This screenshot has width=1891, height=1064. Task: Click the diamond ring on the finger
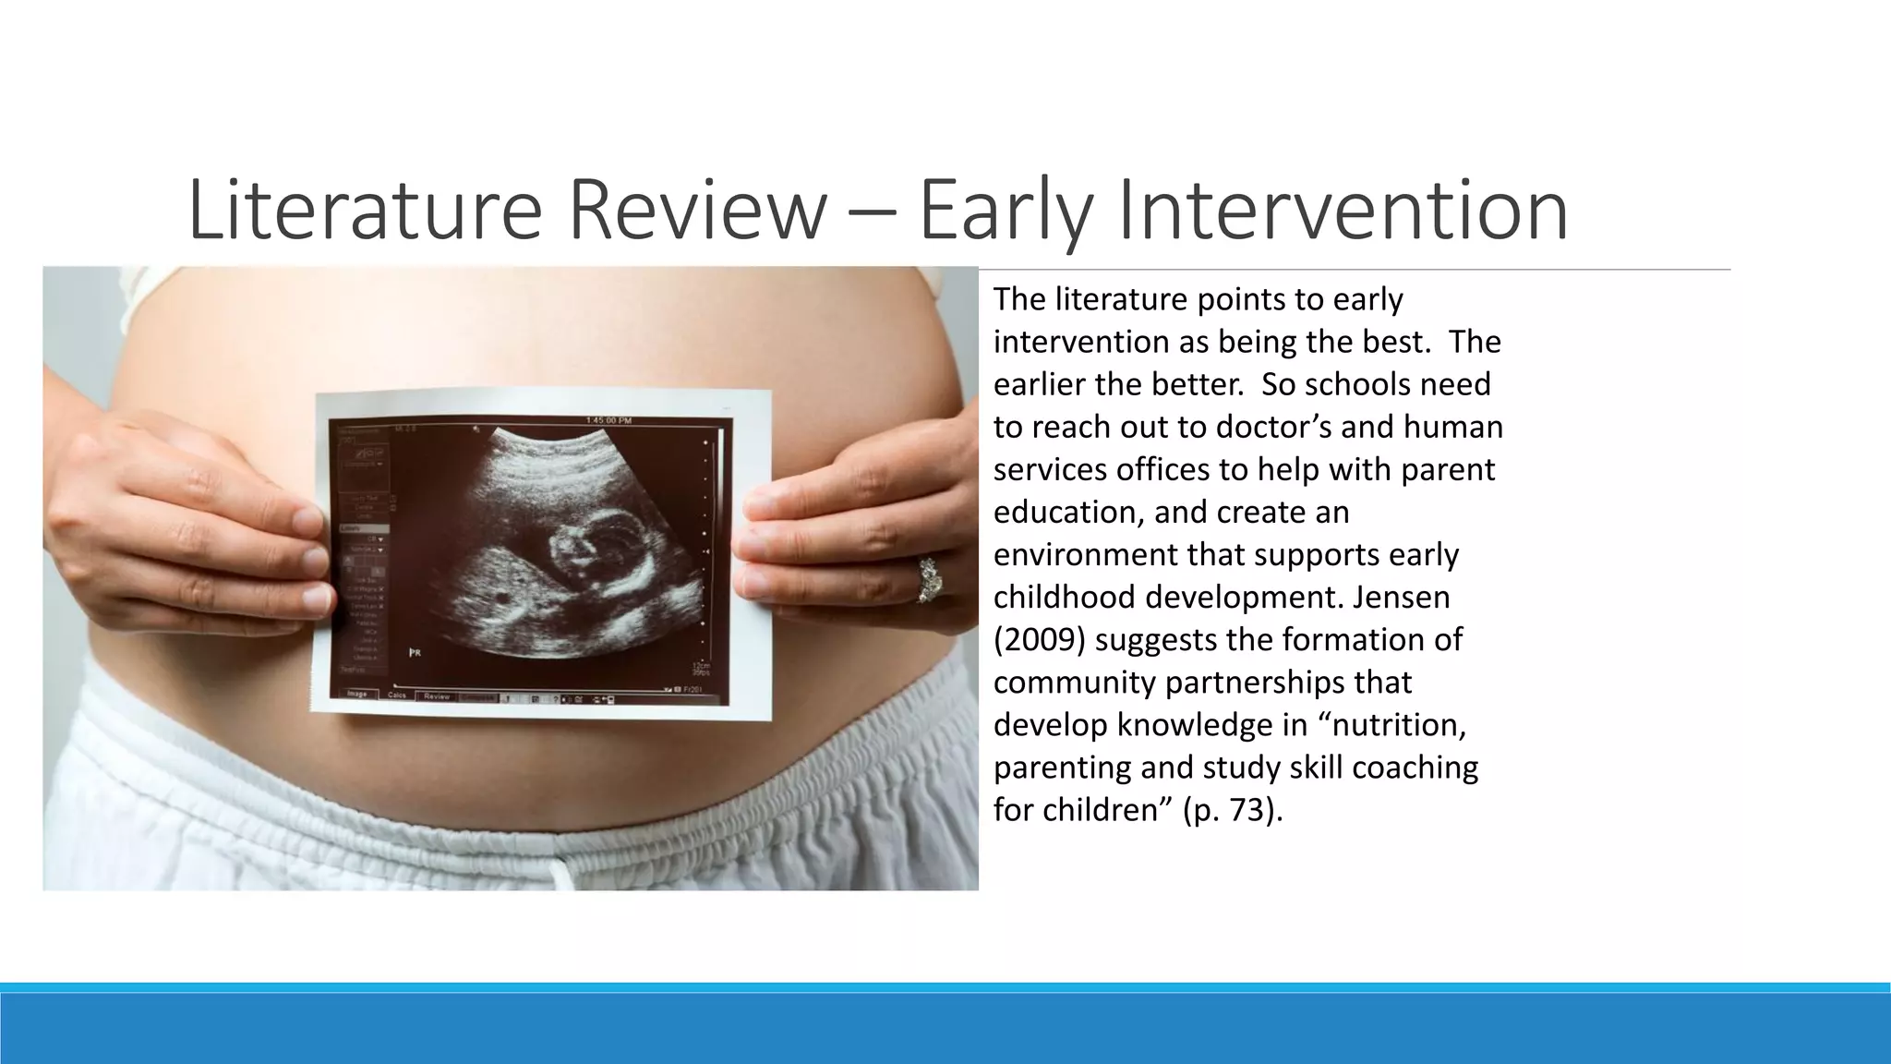(x=927, y=580)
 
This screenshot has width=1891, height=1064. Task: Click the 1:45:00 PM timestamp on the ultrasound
(x=608, y=421)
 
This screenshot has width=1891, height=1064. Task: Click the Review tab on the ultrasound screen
(x=437, y=696)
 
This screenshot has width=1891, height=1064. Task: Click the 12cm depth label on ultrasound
(x=702, y=665)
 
